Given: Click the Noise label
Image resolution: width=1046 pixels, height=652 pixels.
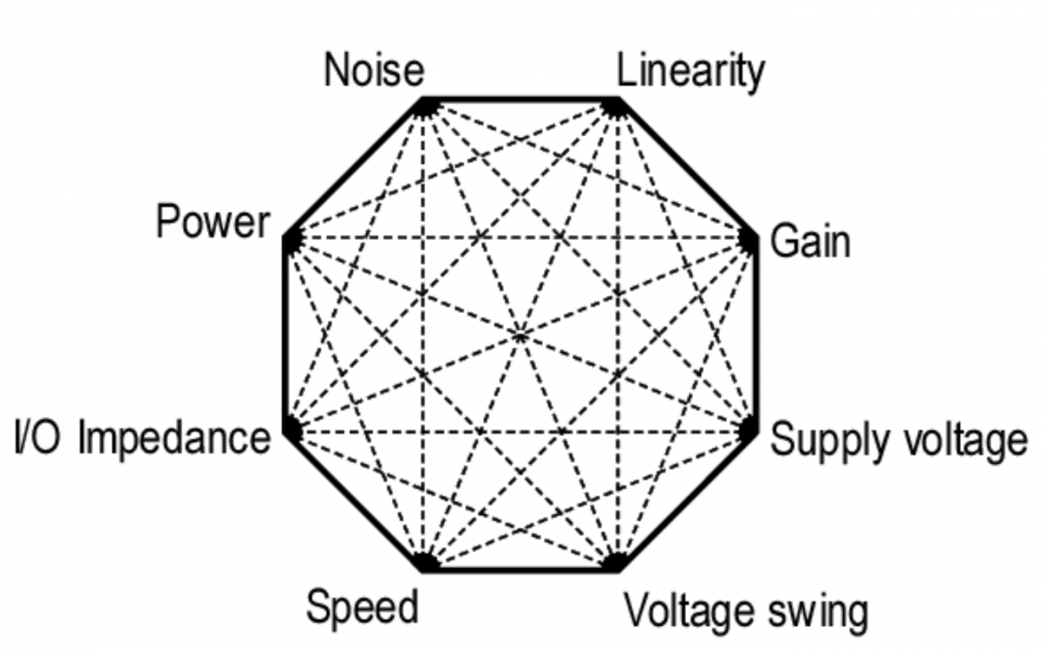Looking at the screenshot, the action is pos(375,70).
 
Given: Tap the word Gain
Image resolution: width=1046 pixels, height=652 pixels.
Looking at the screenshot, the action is pos(810,241).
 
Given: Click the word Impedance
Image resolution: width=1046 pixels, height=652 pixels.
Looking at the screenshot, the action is pos(174,438).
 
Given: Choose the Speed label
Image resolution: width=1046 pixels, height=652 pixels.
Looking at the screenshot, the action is pos(363,608).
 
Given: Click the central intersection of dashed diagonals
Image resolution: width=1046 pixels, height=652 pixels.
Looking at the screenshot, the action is pos(520,335).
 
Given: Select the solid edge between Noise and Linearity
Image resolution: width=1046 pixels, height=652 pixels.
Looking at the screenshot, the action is pos(520,99).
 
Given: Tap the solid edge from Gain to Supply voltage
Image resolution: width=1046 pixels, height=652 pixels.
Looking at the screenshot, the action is pos(756,335).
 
